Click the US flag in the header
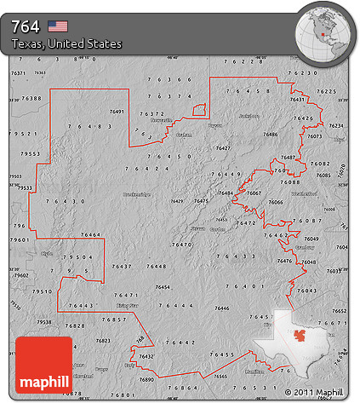click(x=58, y=26)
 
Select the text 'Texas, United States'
click(x=67, y=43)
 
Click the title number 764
click(x=26, y=26)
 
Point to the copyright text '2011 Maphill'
click(x=318, y=393)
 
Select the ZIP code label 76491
click(x=117, y=112)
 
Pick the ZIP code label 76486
click(x=271, y=135)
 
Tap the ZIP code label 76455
click(x=222, y=354)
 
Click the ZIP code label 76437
click(x=121, y=267)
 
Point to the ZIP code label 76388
click(x=31, y=98)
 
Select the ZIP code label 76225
click(x=326, y=90)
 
